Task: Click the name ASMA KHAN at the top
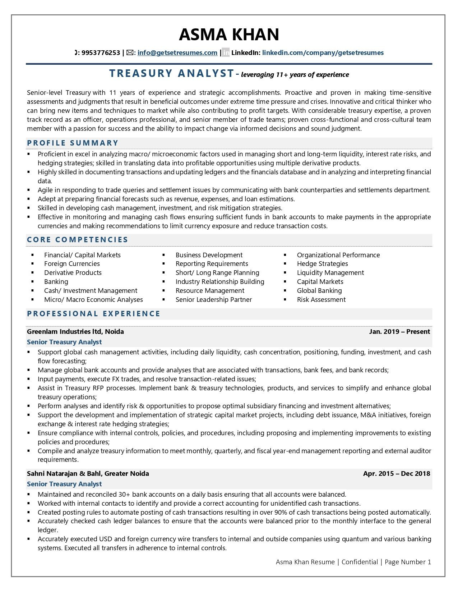[x=229, y=35]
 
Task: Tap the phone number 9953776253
[x=101, y=53]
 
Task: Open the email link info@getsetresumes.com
[x=177, y=53]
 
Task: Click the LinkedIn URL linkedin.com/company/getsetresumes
[x=323, y=53]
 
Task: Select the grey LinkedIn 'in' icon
[x=226, y=53]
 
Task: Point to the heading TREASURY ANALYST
[x=172, y=73]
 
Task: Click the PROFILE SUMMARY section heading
[x=73, y=143]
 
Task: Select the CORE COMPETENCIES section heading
[x=78, y=240]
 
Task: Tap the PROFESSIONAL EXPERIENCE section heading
[x=94, y=314]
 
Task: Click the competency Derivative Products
[x=73, y=273]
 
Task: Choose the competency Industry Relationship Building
[x=219, y=282]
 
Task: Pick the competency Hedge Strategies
[x=322, y=264]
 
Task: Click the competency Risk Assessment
[x=321, y=300]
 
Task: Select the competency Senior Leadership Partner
[x=213, y=300]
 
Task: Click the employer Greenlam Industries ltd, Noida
[x=75, y=332]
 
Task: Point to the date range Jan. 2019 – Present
[x=399, y=332]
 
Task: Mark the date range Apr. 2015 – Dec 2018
[x=396, y=474]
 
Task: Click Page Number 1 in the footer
[x=408, y=562]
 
